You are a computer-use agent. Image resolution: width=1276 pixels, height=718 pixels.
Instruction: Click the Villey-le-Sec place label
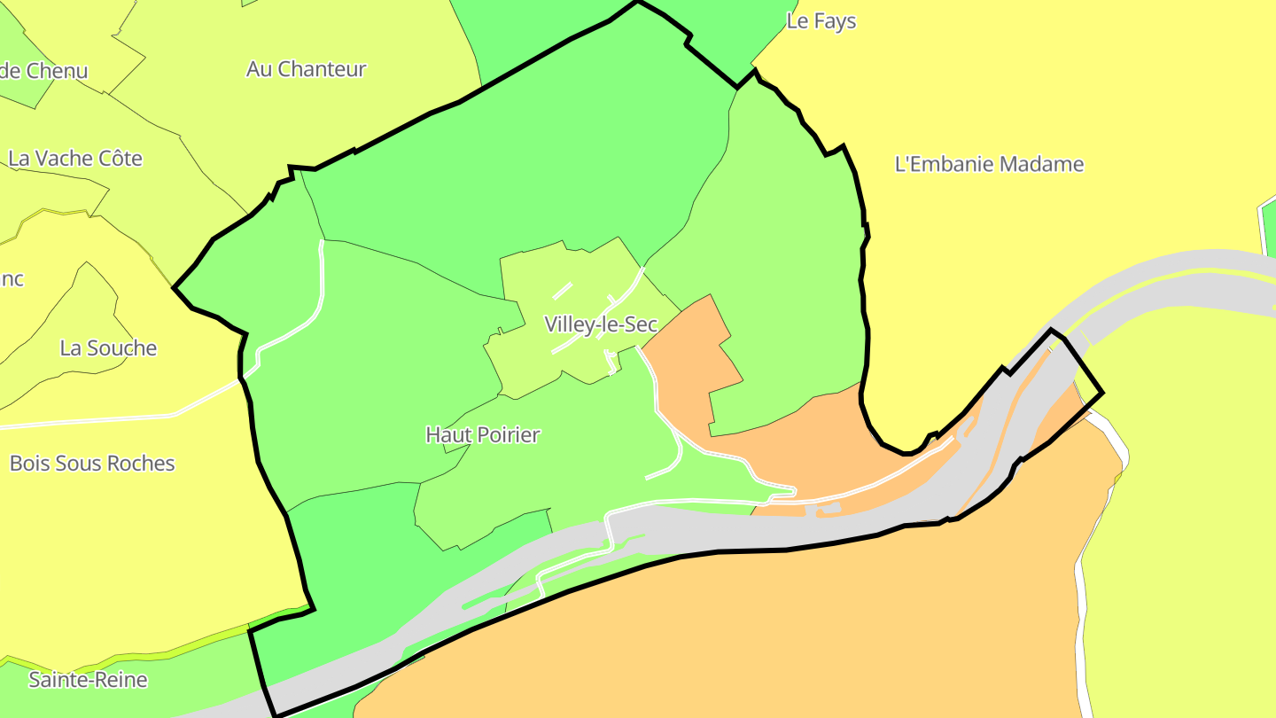pos(601,324)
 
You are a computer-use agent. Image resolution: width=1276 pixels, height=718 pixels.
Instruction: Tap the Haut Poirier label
pos(483,435)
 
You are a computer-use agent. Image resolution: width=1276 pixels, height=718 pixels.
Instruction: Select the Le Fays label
pos(821,21)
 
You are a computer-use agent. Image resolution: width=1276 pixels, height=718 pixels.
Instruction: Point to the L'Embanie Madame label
pos(989,164)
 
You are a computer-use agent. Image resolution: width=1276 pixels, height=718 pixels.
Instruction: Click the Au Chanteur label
pos(307,69)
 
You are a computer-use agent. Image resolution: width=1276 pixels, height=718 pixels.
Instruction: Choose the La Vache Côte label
pos(75,159)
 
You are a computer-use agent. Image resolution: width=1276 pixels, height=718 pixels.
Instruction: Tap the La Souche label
pos(108,348)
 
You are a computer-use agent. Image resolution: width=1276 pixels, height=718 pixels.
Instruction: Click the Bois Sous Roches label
pos(92,464)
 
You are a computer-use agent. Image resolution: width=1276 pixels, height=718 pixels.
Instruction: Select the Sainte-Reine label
pos(88,681)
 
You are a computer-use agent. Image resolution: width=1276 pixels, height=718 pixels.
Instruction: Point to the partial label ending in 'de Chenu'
pos(44,71)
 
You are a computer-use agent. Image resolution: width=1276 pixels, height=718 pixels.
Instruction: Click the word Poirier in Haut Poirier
pos(509,435)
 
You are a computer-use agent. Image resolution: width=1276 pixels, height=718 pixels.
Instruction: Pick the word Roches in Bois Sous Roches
pos(145,464)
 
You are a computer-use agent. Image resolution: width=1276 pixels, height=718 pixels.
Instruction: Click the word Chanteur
pos(322,69)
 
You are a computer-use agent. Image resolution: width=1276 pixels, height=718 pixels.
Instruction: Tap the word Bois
pos(29,464)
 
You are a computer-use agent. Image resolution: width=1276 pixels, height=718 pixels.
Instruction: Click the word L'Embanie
pos(944,164)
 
